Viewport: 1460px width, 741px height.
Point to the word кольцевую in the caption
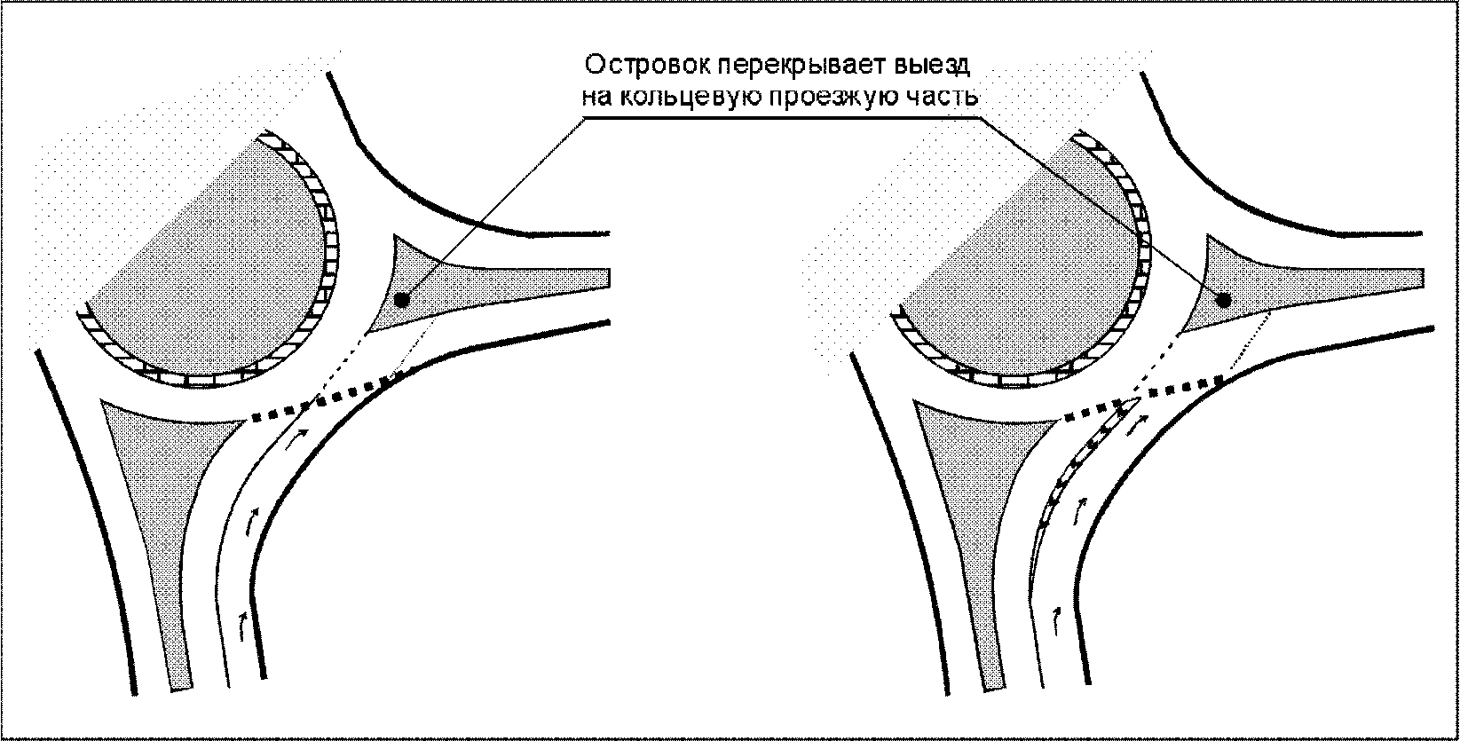[685, 97]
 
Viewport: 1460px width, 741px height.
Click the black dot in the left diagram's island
[402, 300]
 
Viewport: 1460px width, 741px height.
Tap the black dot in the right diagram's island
[1222, 300]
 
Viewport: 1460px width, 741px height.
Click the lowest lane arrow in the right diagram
[1056, 618]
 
